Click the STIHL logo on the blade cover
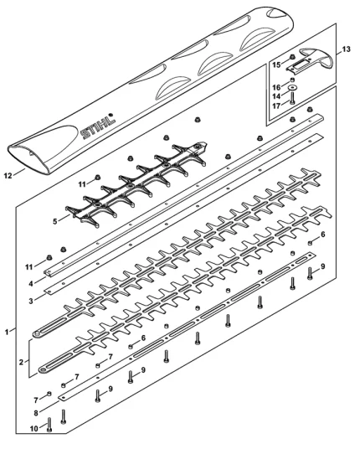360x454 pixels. (x=97, y=126)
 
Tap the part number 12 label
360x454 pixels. (x=8, y=175)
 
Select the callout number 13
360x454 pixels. (x=346, y=49)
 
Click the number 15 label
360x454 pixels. (x=276, y=64)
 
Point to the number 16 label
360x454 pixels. (x=276, y=87)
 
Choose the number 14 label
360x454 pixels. (x=276, y=96)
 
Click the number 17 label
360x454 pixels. (x=276, y=106)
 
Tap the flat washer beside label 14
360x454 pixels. (x=292, y=87)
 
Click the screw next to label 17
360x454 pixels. (x=292, y=98)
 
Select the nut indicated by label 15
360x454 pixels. (x=292, y=56)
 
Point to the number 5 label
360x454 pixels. (x=55, y=222)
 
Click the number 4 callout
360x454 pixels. (x=31, y=283)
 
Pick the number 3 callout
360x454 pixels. (x=31, y=301)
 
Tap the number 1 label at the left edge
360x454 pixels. (x=7, y=332)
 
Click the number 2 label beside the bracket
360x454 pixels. (x=21, y=362)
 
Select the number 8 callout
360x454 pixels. (x=36, y=413)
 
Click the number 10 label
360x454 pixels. (x=34, y=428)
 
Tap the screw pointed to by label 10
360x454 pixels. (x=49, y=425)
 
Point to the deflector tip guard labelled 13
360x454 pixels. (x=311, y=60)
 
